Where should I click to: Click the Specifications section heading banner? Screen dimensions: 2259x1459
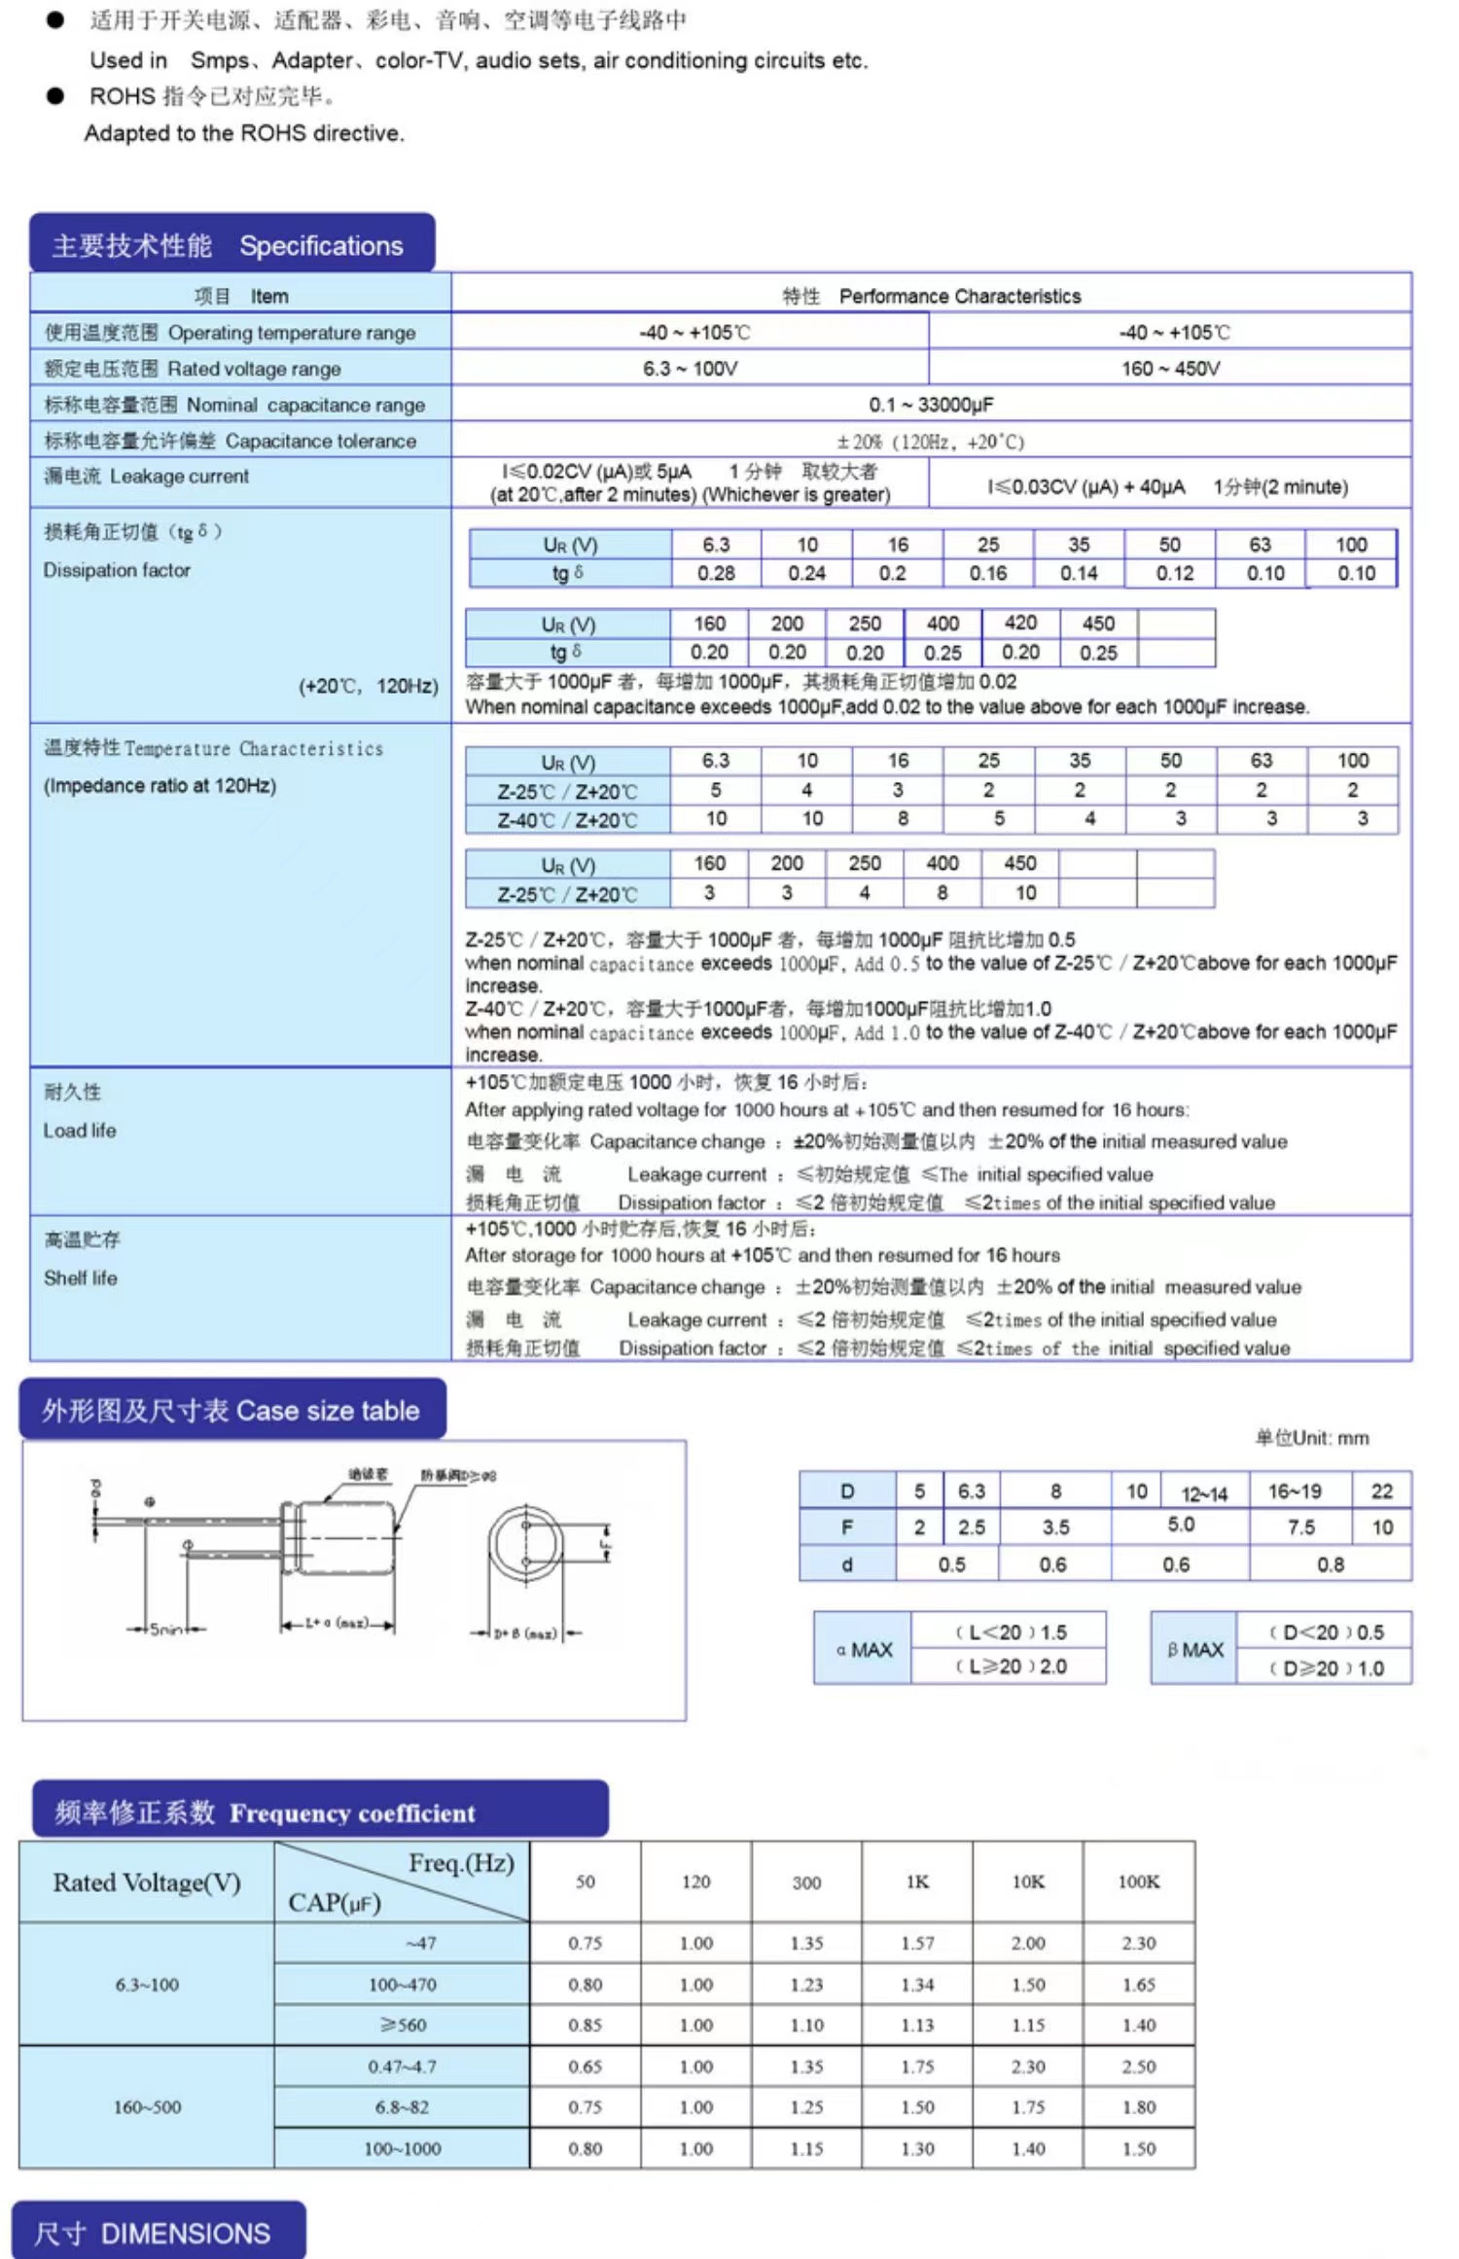tap(231, 245)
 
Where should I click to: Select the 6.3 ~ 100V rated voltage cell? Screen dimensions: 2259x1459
tap(690, 369)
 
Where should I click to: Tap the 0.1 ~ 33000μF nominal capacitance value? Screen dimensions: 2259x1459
tap(931, 405)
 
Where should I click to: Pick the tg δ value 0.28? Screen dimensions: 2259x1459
tap(716, 573)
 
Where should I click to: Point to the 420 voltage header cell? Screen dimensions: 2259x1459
tap(1020, 623)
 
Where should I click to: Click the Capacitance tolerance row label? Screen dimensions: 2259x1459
tap(231, 441)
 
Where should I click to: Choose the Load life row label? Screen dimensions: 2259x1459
tap(80, 1130)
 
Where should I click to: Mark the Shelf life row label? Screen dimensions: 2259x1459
tap(81, 1277)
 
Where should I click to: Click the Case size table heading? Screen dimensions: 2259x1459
tap(231, 1410)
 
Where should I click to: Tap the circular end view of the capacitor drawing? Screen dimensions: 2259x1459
tap(526, 1544)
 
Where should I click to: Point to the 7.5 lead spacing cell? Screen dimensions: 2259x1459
tap(1300, 1527)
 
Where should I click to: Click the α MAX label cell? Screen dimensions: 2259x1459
tap(864, 1649)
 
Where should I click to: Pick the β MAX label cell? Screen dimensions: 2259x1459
tap(1194, 1649)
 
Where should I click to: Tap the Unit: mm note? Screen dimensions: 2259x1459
tap(1311, 1438)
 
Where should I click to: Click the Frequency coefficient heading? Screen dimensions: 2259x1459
tap(321, 1812)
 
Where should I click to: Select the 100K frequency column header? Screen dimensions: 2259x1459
tap(1138, 1882)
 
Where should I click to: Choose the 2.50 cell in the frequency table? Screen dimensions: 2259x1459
tap(1138, 2065)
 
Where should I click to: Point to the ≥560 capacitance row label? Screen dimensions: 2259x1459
tap(403, 2025)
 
